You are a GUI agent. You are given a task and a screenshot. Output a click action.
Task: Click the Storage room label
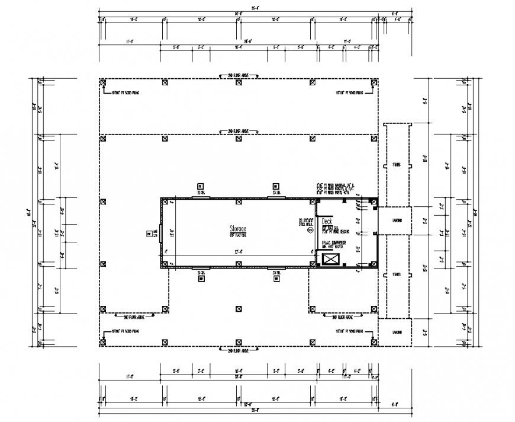point(238,228)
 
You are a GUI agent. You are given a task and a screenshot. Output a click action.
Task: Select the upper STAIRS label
point(396,165)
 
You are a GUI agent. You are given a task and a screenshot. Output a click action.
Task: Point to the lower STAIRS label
point(396,276)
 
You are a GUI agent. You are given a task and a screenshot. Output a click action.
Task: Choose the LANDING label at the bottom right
point(396,333)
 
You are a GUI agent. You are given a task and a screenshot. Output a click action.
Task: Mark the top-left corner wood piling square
point(103,82)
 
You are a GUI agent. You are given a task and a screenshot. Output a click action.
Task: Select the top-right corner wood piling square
point(374,82)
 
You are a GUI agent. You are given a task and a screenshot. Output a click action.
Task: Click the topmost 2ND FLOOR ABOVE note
point(238,76)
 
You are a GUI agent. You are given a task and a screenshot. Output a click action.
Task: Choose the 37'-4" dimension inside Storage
point(238,251)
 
